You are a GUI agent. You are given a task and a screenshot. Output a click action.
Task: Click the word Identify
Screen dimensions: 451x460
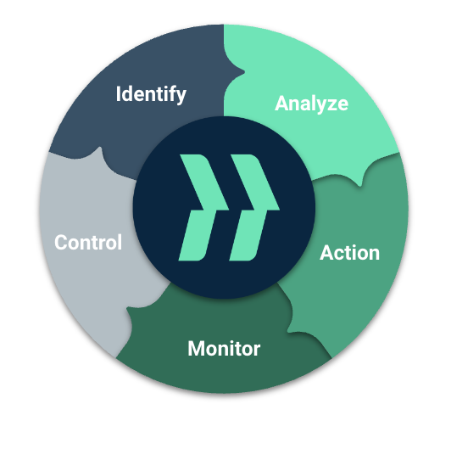[x=151, y=94]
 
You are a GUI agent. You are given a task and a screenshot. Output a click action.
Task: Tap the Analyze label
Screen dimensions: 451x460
[x=311, y=104]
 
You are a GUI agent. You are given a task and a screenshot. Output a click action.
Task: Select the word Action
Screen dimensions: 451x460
[x=349, y=253]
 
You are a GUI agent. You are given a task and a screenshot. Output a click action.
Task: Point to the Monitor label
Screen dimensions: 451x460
[x=224, y=349]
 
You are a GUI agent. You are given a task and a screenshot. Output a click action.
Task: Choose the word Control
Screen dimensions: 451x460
[x=88, y=243]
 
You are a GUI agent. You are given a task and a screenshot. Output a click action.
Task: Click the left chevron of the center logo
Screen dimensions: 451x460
[x=203, y=207]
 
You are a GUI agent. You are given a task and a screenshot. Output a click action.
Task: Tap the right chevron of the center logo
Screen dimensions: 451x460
[x=253, y=207]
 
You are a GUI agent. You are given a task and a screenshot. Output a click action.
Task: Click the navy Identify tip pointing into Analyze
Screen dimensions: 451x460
[x=243, y=72]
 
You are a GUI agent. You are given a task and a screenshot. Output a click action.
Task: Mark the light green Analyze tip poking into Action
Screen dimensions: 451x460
[x=359, y=184]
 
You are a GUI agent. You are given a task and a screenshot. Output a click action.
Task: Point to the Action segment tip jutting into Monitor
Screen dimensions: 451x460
[x=288, y=331]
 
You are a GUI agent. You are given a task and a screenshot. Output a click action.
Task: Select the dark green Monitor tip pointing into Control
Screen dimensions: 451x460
[x=127, y=309]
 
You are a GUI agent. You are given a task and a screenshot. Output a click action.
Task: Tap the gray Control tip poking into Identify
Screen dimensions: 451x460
[x=100, y=148]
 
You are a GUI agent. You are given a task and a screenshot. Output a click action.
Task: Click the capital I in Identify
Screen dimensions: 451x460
[x=118, y=93]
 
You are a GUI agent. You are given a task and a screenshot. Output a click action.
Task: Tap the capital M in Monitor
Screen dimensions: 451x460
[x=196, y=349]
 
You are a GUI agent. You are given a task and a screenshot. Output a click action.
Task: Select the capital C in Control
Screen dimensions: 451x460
[x=61, y=243]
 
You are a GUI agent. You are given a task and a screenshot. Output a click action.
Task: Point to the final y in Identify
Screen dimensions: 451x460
[x=181, y=98]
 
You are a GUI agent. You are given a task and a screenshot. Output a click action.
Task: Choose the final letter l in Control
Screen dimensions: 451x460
[x=120, y=242]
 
